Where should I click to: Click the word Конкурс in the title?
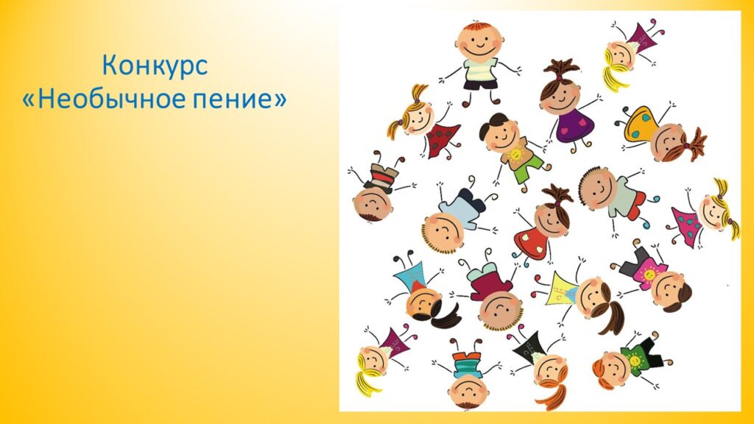click(x=155, y=65)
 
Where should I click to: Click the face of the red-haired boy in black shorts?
click(x=479, y=42)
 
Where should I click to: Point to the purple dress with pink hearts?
click(x=574, y=125)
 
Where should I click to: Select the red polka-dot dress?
click(x=443, y=138)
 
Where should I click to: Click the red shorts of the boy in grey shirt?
click(x=638, y=205)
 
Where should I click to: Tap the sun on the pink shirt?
click(x=649, y=275)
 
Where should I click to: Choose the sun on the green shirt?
click(x=634, y=360)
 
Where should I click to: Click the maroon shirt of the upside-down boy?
click(x=490, y=283)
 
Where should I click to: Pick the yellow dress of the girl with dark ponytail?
click(x=563, y=289)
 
